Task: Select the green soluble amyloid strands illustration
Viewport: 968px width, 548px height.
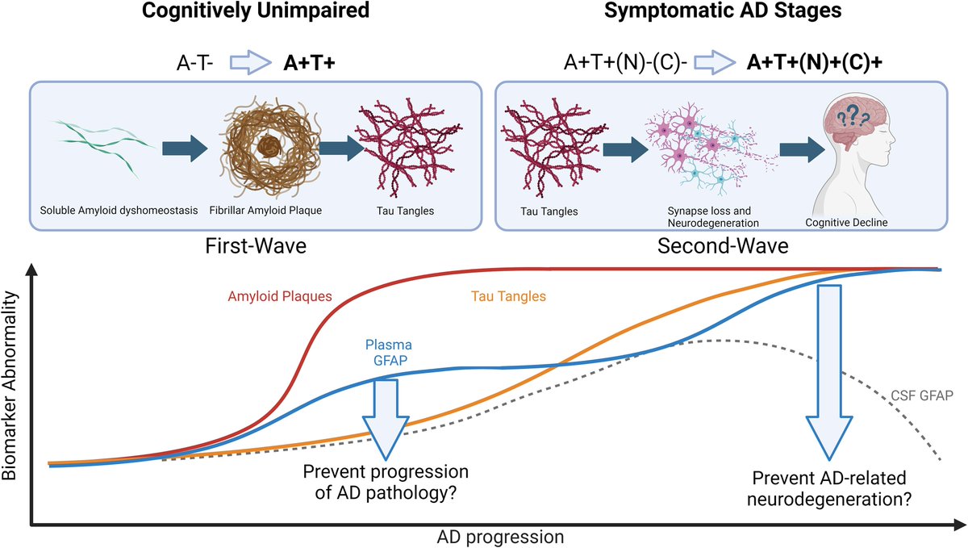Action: point(98,148)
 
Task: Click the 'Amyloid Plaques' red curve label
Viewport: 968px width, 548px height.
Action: point(278,295)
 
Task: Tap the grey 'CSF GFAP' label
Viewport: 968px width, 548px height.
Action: point(918,395)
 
